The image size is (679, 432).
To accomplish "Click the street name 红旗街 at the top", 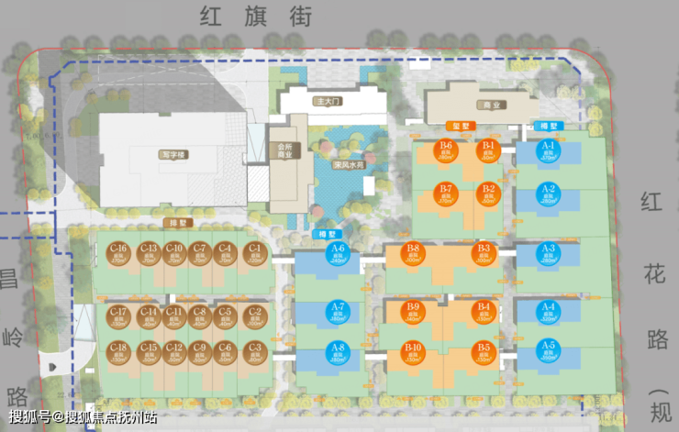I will [256, 15].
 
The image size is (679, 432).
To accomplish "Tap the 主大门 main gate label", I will [326, 102].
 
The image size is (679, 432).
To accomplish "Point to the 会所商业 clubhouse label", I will [284, 150].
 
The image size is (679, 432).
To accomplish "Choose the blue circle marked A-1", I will [549, 151].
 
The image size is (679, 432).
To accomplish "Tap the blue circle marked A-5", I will [549, 351].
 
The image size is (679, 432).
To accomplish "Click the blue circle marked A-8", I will [337, 352].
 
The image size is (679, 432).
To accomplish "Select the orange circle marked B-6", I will [447, 151].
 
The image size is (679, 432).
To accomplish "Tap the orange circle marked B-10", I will [412, 352].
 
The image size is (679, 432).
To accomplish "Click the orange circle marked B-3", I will [484, 254].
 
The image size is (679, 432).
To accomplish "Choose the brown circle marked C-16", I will [118, 254].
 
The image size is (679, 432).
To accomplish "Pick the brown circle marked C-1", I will [254, 254].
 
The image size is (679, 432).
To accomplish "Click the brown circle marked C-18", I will [118, 352].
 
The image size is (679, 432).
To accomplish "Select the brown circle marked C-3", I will [254, 352].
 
